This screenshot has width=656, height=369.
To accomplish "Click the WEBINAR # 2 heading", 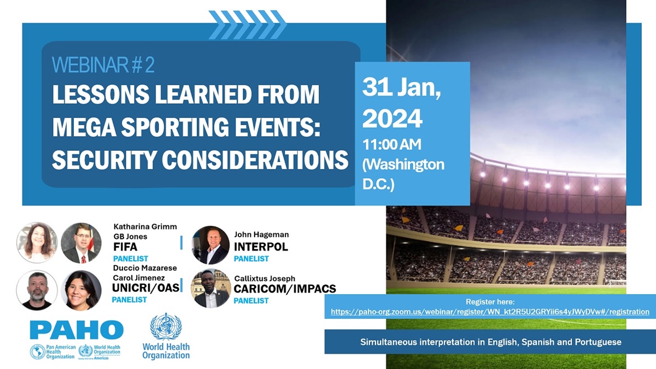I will pyautogui.click(x=103, y=65).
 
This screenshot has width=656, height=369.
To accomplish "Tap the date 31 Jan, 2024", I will pyautogui.click(x=401, y=103).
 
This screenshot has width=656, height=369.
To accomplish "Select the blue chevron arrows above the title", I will pyautogui.click(x=247, y=25).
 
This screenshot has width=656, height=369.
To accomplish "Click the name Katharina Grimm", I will pyautogui.click(x=145, y=227).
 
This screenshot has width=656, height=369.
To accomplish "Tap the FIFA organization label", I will pyautogui.click(x=125, y=247).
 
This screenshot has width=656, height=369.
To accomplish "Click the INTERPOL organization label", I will pyautogui.click(x=261, y=247).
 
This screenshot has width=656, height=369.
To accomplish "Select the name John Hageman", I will pyautogui.click(x=261, y=235).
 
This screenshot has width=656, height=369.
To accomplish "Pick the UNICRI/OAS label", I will pyautogui.click(x=145, y=288).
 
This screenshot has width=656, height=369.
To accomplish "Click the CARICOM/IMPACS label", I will pyautogui.click(x=285, y=289).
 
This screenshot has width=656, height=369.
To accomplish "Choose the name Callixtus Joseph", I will pyautogui.click(x=265, y=278).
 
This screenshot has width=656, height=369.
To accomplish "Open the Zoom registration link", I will pyautogui.click(x=490, y=312).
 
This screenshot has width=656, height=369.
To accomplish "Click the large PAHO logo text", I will pyautogui.click(x=77, y=330).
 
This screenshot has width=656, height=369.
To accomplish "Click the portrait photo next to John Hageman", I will pyautogui.click(x=210, y=245).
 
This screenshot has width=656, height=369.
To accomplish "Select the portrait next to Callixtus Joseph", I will pyautogui.click(x=210, y=289).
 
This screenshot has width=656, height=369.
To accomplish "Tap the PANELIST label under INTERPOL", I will pyautogui.click(x=251, y=259).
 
